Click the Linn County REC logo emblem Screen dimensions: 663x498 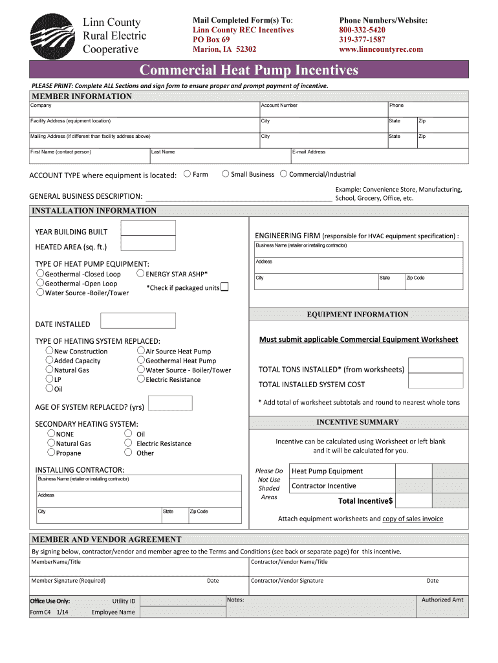tap(52, 36)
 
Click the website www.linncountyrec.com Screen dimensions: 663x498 tap(380, 49)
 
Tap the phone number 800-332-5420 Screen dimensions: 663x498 tap(362, 30)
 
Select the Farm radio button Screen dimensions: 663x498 tap(187, 174)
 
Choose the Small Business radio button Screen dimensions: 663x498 tap(225, 174)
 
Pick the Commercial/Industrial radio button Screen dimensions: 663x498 tap(283, 174)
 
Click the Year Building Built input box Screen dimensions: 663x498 tap(148, 228)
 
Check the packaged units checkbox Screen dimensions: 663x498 tap(224, 287)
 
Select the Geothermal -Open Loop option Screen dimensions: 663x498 tap(40, 283)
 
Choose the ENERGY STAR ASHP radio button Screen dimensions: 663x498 tap(140, 273)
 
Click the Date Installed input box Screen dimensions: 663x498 tap(138, 320)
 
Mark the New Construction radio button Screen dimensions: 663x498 tap(49, 351)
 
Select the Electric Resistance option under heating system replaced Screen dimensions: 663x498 tap(140, 379)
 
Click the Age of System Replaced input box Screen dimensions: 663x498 tap(170, 403)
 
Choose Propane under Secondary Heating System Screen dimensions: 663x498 tap(51, 453)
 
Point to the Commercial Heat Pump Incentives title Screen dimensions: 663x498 tap(249, 69)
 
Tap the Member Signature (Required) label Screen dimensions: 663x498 tap(68, 581)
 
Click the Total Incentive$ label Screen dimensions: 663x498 tap(365, 501)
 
